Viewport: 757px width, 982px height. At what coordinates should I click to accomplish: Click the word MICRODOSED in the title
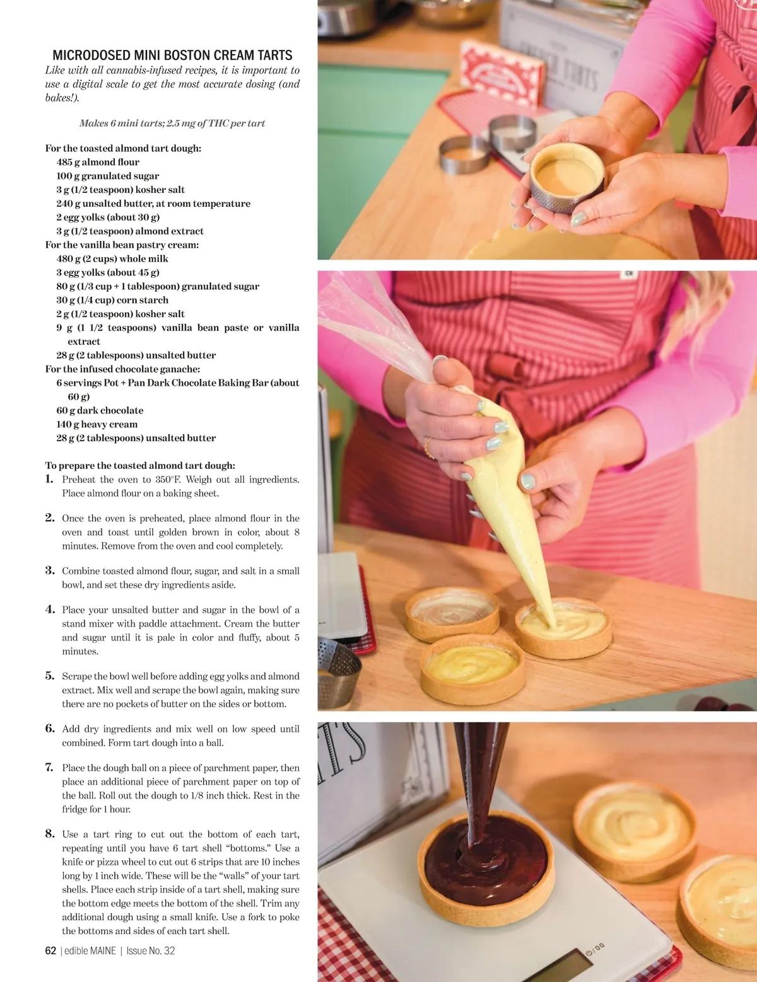pos(92,55)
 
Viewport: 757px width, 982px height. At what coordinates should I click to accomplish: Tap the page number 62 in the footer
pos(50,951)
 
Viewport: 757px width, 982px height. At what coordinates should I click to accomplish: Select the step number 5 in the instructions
pos(50,676)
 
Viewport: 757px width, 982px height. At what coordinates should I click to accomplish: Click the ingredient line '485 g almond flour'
pos(98,162)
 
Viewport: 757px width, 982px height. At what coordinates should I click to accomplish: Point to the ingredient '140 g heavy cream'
pos(97,424)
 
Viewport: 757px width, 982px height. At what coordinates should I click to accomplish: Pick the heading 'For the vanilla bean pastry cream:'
pos(122,245)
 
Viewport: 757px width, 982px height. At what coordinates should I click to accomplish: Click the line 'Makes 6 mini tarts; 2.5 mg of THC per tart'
pos(172,124)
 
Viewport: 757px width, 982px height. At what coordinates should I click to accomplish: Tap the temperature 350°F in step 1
pos(164,480)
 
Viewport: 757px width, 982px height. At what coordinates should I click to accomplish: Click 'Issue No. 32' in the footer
pos(151,951)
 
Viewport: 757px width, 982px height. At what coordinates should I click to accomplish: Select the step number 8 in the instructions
pos(50,834)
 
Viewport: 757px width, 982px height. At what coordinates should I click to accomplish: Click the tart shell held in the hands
pos(567,177)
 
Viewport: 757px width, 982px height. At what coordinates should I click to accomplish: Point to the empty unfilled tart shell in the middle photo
pos(452,614)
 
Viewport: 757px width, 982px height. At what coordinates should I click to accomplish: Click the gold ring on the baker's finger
pos(427,448)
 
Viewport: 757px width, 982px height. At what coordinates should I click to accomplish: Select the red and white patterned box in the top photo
pos(501,72)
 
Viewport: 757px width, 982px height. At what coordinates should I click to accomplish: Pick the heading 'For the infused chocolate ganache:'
pos(122,369)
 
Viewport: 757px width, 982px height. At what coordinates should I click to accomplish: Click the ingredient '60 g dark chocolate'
pos(100,410)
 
